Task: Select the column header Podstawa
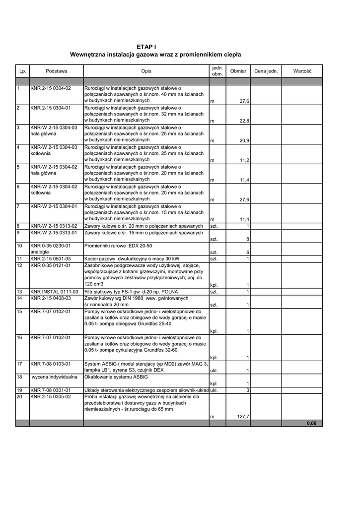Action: pyautogui.click(x=56, y=71)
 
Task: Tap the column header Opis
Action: pyautogui.click(x=146, y=71)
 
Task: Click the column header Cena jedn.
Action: pyautogui.click(x=266, y=71)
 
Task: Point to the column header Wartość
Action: pyautogui.click(x=302, y=71)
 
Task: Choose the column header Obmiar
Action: pyautogui.click(x=238, y=71)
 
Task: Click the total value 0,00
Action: pyautogui.click(x=311, y=423)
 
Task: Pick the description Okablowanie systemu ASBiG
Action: pyautogui.click(x=113, y=377)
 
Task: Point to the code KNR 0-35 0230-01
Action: pyautogui.click(x=51, y=246)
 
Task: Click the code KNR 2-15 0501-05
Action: pyautogui.click(x=51, y=258)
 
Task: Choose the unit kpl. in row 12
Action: pyautogui.click(x=214, y=285)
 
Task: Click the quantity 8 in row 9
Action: pyautogui.click(x=247, y=239)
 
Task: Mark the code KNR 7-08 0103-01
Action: pyautogui.click(x=51, y=364)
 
